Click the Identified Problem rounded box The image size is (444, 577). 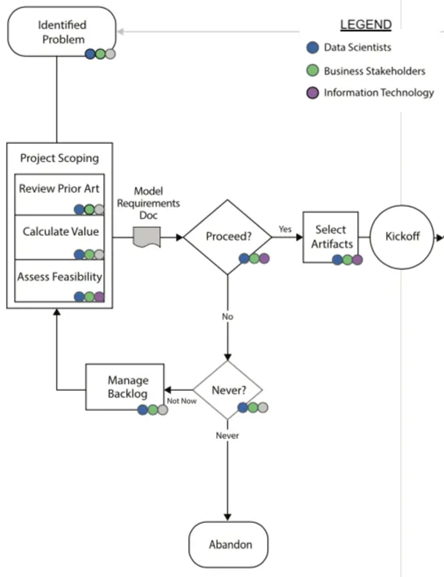click(x=62, y=32)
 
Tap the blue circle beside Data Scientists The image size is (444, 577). click(x=312, y=48)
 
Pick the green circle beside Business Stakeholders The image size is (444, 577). click(x=312, y=71)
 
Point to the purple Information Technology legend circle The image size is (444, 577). click(x=312, y=93)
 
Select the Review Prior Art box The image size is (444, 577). click(x=59, y=194)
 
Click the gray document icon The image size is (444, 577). click(x=147, y=237)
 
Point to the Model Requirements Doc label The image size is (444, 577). click(x=148, y=203)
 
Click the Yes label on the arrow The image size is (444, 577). click(x=285, y=229)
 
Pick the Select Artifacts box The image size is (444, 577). click(x=330, y=237)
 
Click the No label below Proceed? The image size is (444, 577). click(x=228, y=316)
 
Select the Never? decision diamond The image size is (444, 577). click(x=228, y=390)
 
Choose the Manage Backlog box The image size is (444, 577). click(x=124, y=387)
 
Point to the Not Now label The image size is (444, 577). click(x=182, y=401)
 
